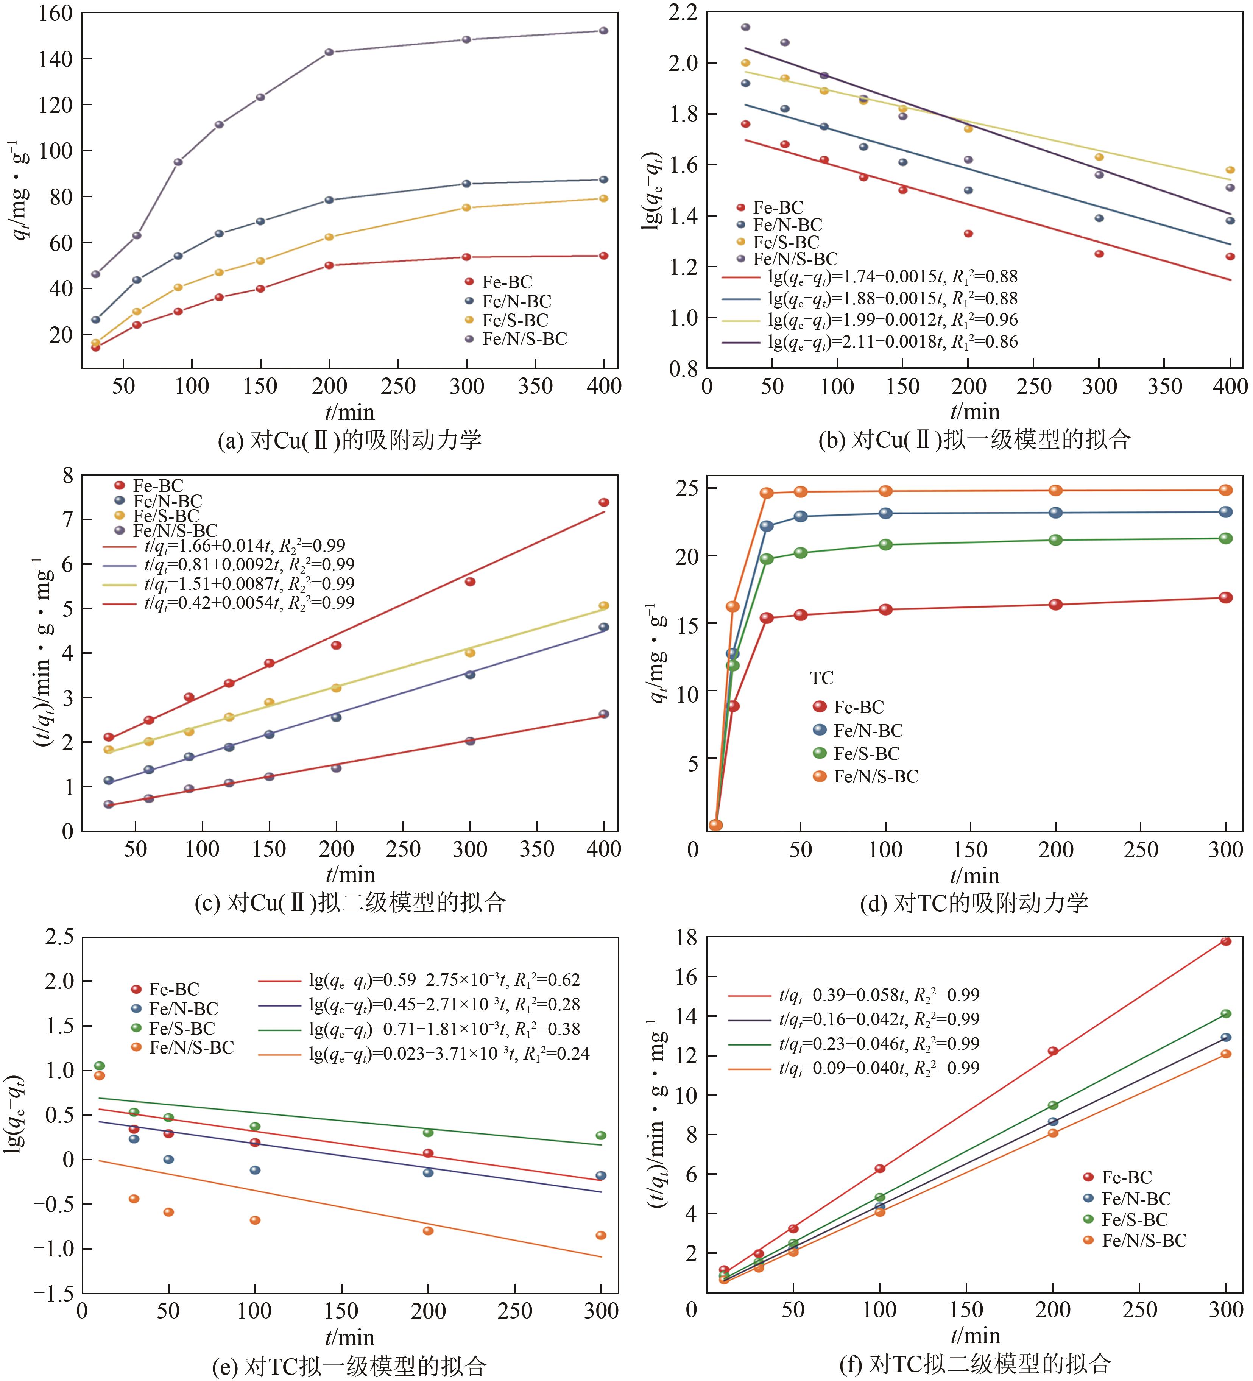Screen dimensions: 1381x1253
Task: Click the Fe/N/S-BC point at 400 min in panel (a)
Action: tap(603, 31)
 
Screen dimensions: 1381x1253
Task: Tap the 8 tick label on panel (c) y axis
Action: tap(67, 475)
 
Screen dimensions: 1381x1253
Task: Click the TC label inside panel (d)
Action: tap(821, 678)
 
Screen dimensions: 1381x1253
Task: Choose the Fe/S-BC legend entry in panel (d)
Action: tap(866, 753)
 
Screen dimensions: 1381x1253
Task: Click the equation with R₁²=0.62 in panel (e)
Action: tap(444, 980)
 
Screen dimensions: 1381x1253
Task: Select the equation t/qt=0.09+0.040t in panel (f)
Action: tap(878, 1068)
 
